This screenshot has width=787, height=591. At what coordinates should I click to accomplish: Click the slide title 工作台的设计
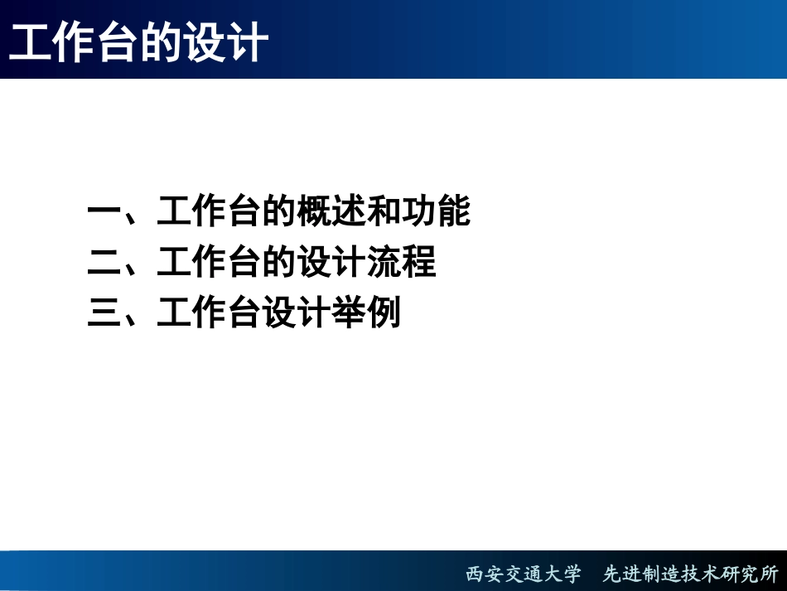tap(138, 42)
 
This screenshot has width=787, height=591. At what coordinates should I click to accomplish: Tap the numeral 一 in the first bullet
tap(104, 213)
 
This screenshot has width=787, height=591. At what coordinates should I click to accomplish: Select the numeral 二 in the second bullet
tap(104, 264)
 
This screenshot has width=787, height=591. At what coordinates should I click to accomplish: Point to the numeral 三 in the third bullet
tap(104, 315)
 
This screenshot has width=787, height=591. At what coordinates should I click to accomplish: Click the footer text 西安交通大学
tap(523, 574)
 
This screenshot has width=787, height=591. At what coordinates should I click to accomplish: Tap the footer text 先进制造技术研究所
tap(691, 574)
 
